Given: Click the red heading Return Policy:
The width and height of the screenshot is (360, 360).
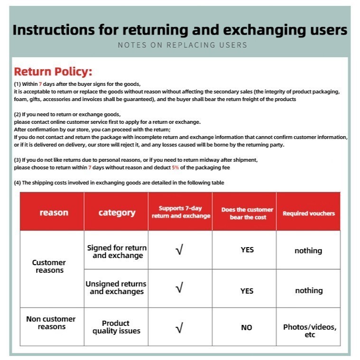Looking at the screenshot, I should coord(53,72).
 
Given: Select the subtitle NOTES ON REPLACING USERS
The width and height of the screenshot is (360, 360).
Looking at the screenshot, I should coord(183,45).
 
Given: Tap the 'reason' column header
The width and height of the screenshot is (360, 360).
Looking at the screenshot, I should coord(54,212).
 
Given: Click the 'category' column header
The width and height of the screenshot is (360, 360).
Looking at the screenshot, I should coord(117,212).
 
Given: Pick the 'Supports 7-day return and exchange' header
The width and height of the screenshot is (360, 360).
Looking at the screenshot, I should coord(181,212).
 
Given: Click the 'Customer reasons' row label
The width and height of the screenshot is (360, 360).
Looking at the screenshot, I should coord(49,266).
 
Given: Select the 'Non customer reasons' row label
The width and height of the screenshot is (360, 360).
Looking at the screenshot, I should coord(51,323).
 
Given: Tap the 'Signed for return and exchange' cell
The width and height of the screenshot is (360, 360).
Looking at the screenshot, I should coord(117,251).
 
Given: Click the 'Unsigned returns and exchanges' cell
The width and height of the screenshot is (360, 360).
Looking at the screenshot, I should coord(116,287).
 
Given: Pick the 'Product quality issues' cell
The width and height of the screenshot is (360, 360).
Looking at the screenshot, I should coord(116,327).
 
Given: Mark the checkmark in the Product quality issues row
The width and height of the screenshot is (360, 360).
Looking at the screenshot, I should coord(179,327).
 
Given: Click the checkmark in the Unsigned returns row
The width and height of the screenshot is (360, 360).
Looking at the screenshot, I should coord(179,288).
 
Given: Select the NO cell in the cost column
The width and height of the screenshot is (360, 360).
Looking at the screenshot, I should coord(247,327).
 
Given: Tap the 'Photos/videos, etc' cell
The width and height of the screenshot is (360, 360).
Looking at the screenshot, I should coord(310,331).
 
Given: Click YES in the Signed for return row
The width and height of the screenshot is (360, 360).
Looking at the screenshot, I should coord(247,249).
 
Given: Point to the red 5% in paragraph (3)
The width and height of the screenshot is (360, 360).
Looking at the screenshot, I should coord(175,168).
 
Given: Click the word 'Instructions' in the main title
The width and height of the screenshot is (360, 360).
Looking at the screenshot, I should coord(52,29).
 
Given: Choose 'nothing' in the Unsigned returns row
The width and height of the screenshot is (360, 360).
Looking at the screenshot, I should coord(308,290).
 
